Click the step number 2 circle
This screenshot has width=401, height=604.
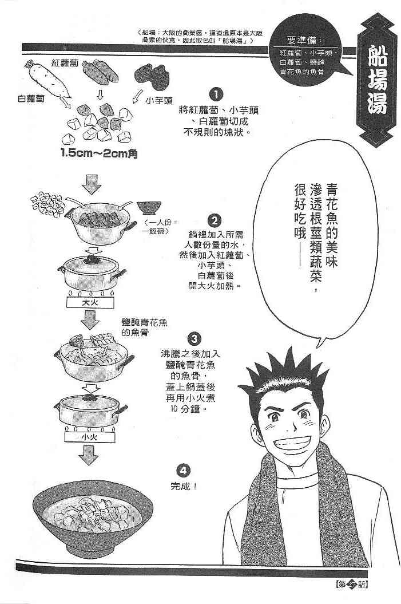[x=215, y=220]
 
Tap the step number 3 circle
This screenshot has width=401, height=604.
[x=194, y=339]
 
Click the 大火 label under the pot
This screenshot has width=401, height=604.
[x=90, y=302]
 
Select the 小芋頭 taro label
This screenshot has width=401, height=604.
[x=159, y=101]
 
